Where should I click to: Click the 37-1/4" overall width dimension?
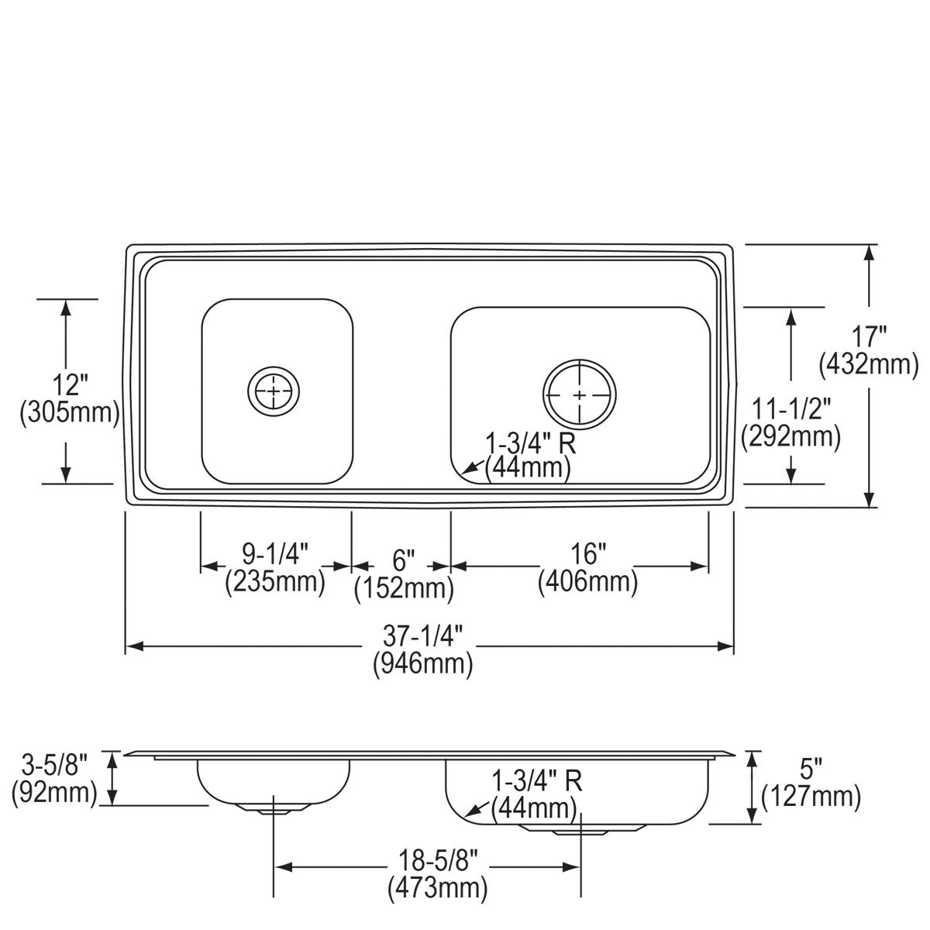[x=422, y=638]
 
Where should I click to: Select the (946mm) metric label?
[x=422, y=663]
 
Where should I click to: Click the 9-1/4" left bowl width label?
[x=275, y=554]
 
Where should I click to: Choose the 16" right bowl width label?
[x=588, y=554]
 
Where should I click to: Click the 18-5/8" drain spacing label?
[x=438, y=859]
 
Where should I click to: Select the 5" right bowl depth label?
[x=811, y=770]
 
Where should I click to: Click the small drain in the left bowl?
[x=274, y=391]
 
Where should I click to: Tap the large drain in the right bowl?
[x=580, y=394]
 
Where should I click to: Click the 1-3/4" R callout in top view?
[x=530, y=444]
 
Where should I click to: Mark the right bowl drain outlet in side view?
[x=580, y=831]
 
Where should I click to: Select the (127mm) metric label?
[x=811, y=796]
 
